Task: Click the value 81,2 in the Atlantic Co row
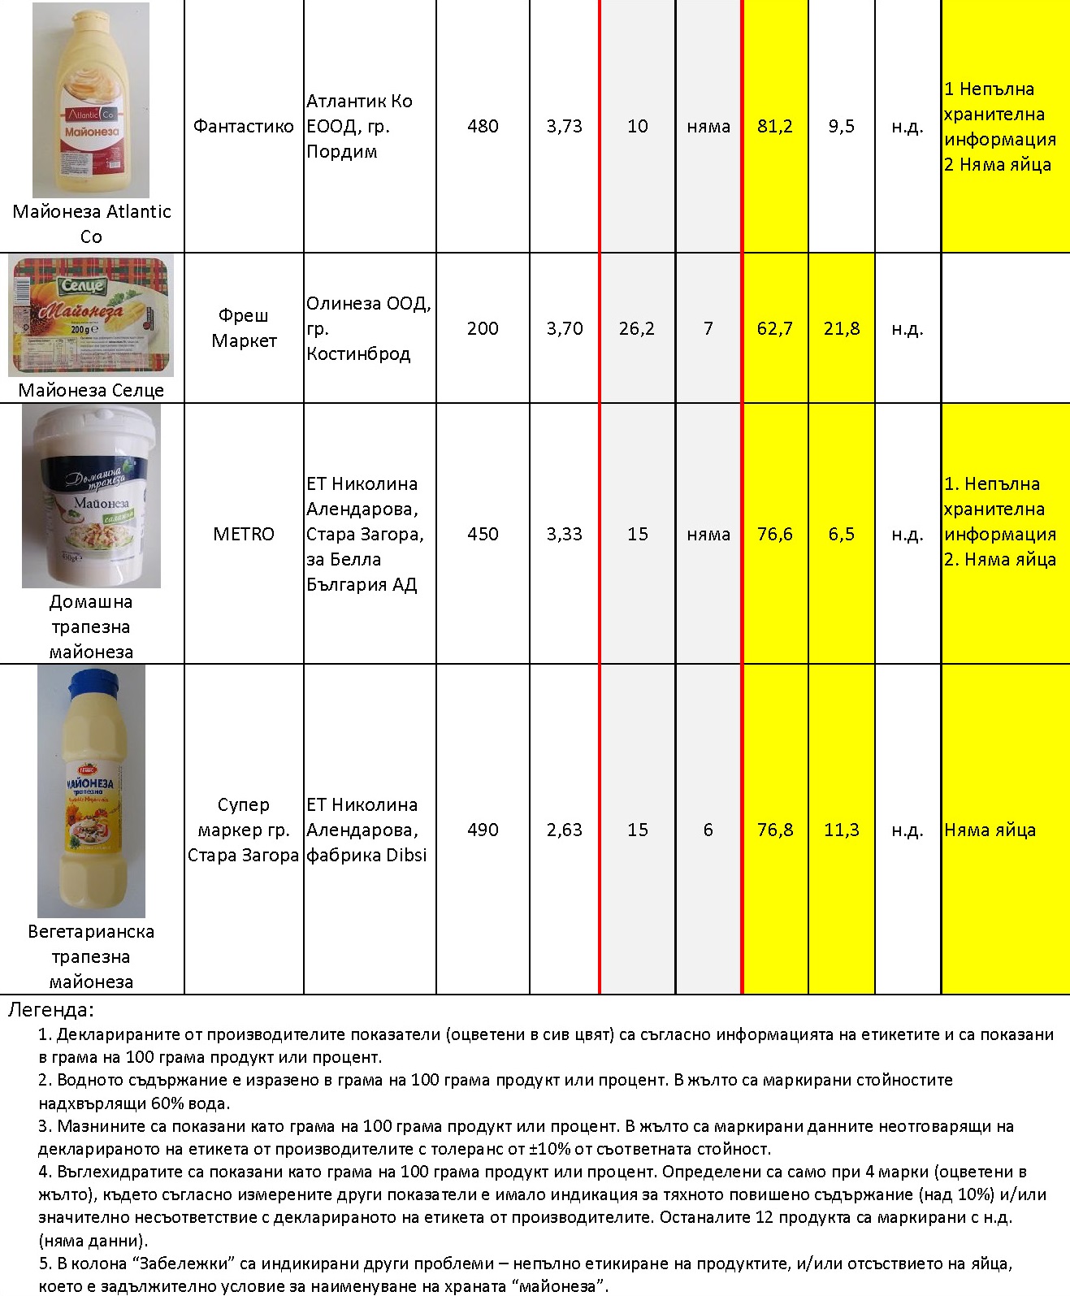pos(774,126)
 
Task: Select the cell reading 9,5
pos(841,126)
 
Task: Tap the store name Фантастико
pos(243,126)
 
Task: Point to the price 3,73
pos(564,126)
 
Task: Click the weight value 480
pos(483,126)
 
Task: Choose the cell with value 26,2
pos(636,328)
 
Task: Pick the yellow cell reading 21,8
pos(841,328)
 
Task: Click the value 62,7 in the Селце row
pos(774,328)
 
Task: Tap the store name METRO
pos(243,534)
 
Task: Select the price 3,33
pos(564,534)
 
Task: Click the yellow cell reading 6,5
pos(841,534)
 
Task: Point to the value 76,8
pos(774,830)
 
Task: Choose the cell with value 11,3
pos(841,830)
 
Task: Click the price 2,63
pos(564,830)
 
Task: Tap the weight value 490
pos(483,830)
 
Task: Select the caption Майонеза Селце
pos(91,390)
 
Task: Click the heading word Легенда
pos(50,1010)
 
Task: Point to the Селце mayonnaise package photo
pos(91,315)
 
